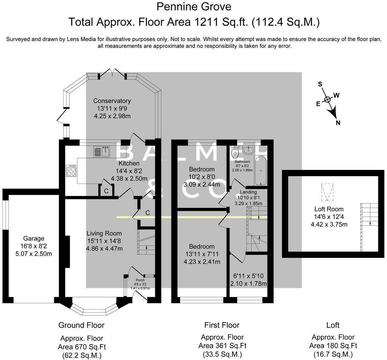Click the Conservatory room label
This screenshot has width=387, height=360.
pyautogui.click(x=112, y=101)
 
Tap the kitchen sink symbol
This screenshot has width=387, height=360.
pyautogui.click(x=102, y=152)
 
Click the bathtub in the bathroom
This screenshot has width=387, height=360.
pyautogui.click(x=260, y=171)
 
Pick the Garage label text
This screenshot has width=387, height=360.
pyautogui.click(x=34, y=239)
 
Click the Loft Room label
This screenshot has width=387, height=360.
pyautogui.click(x=329, y=209)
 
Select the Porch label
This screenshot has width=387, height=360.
pyautogui.click(x=140, y=280)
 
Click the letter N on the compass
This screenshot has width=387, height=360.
pyautogui.click(x=338, y=123)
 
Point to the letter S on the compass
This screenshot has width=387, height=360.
pyautogui.click(x=320, y=84)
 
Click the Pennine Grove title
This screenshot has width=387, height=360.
pyautogui.click(x=194, y=7)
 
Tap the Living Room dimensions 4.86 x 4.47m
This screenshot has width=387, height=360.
pyautogui.click(x=104, y=249)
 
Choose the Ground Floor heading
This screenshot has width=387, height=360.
pyautogui.click(x=82, y=325)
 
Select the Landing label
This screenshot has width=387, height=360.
pyautogui.click(x=248, y=192)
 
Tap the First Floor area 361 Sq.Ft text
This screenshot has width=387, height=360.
pyautogui.click(x=222, y=346)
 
